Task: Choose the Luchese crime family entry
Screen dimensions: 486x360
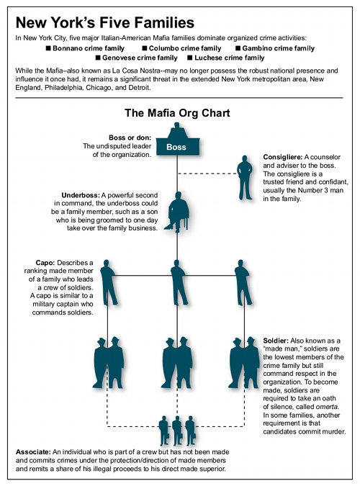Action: (225, 58)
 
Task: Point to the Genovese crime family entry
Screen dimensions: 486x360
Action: (137, 58)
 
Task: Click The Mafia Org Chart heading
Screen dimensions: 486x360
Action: (176, 113)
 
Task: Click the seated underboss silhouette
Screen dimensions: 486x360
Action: (176, 211)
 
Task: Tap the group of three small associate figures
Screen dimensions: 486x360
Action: (176, 429)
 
